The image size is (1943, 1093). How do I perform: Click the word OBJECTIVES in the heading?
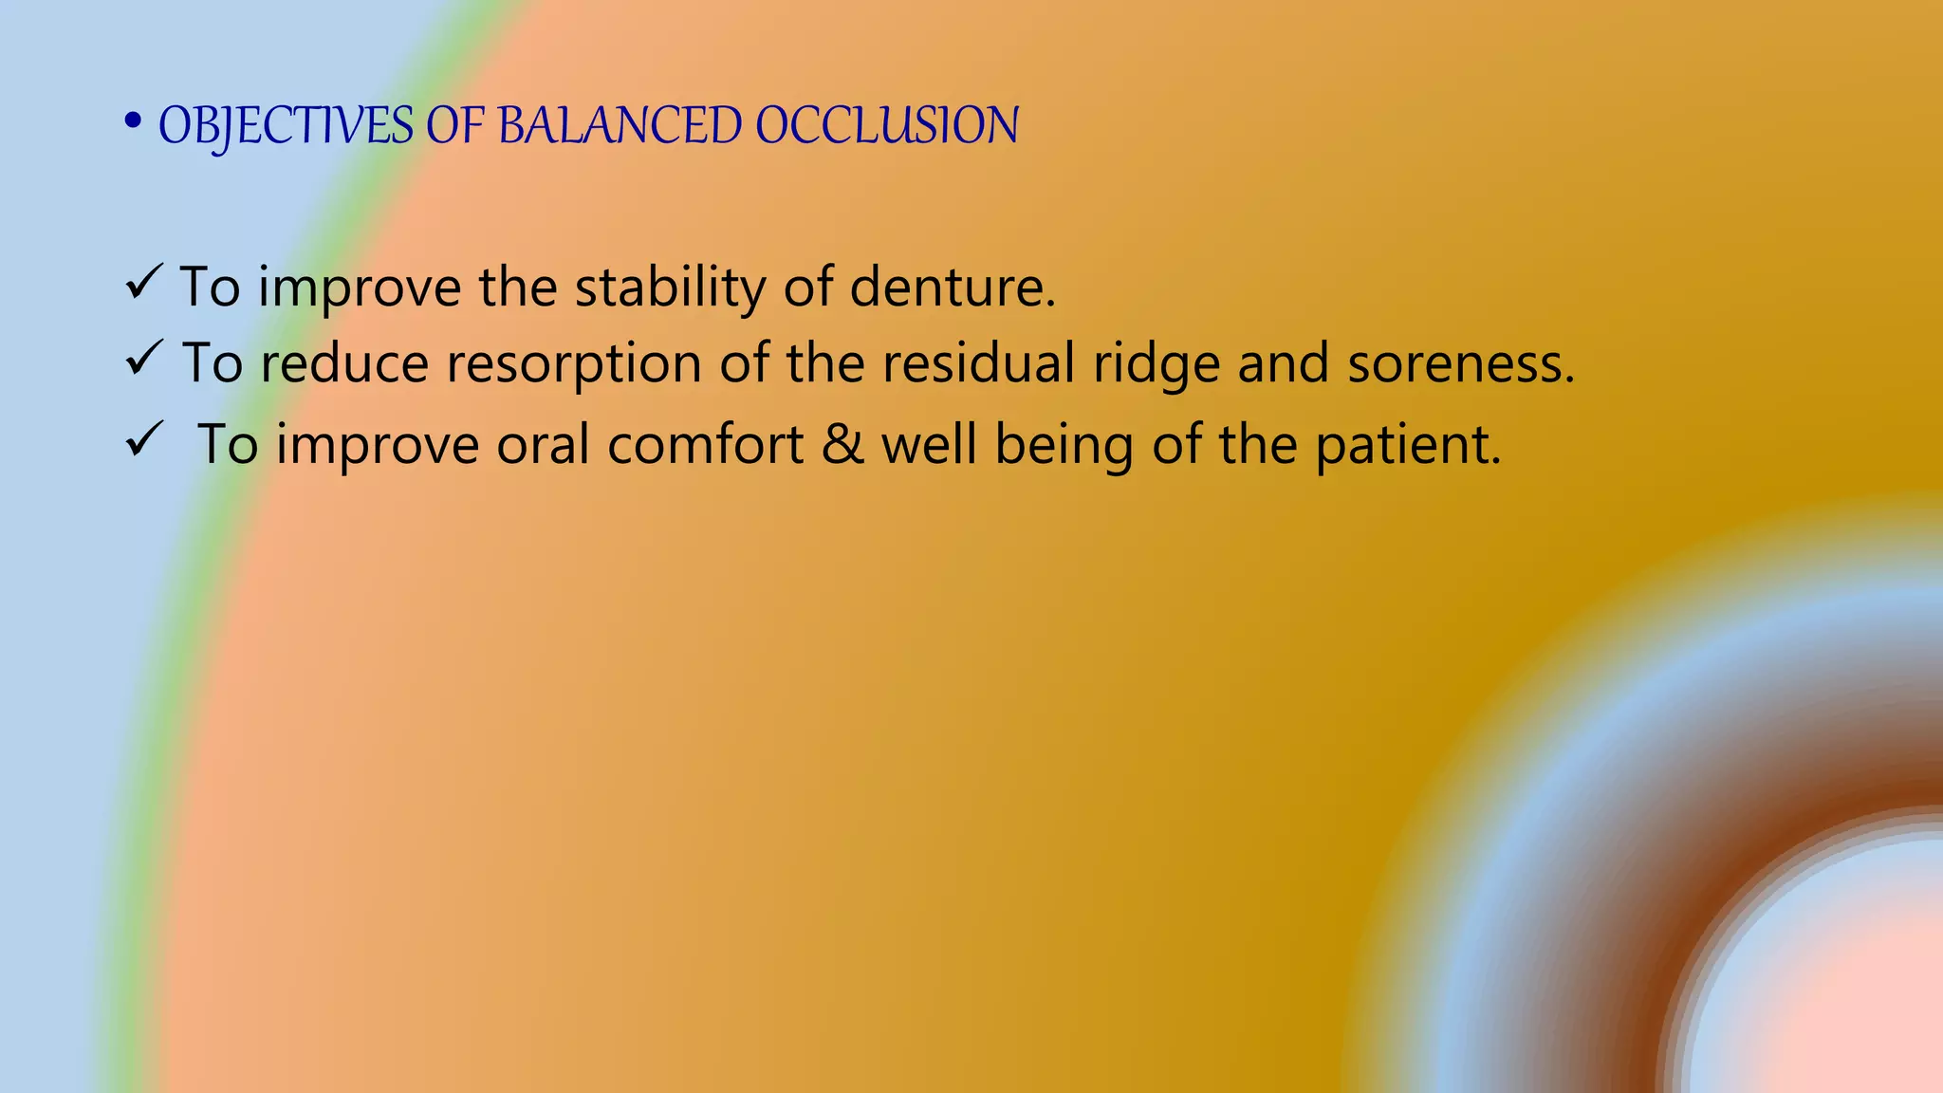click(x=286, y=126)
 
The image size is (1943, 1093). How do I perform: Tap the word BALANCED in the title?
click(x=620, y=126)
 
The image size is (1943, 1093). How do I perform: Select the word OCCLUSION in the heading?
click(x=887, y=126)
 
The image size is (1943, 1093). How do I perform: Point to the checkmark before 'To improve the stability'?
click(x=143, y=284)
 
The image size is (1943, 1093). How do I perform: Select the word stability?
click(x=670, y=287)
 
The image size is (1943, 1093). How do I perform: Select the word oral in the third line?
click(x=543, y=444)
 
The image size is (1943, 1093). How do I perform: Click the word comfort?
click(x=705, y=444)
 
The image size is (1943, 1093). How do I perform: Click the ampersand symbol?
click(x=842, y=444)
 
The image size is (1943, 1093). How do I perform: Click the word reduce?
click(x=344, y=363)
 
